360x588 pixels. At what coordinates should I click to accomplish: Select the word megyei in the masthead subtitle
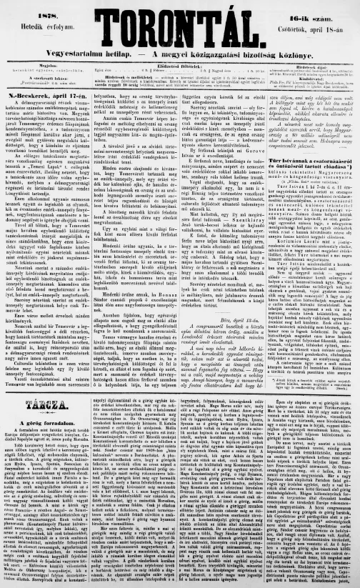[160, 55]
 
